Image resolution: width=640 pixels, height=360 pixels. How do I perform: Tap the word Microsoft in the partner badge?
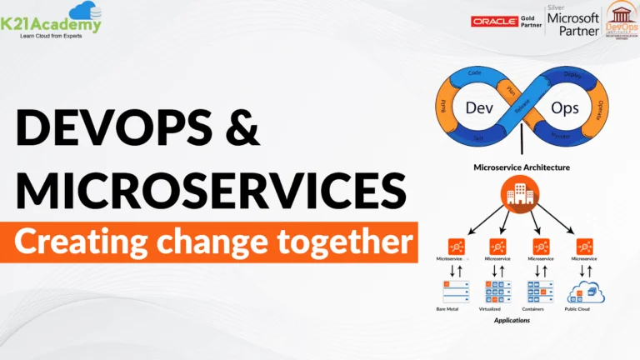(x=572, y=17)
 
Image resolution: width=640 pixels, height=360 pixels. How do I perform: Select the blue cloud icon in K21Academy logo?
(x=82, y=11)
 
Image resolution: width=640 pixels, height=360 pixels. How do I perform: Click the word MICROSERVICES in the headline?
(x=212, y=192)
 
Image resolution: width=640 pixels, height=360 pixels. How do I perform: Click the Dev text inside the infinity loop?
(x=476, y=108)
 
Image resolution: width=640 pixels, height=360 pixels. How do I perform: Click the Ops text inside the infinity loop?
(x=566, y=108)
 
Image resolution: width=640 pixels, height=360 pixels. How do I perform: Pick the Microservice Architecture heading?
(x=522, y=167)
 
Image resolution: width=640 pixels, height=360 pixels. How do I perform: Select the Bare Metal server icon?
(x=456, y=291)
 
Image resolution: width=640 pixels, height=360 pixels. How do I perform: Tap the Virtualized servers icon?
(x=497, y=291)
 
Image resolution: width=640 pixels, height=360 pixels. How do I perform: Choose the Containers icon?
(x=541, y=291)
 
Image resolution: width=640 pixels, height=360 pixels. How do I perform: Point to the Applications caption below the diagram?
(x=512, y=320)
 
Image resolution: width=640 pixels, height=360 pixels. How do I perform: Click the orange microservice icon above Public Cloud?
(x=584, y=247)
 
